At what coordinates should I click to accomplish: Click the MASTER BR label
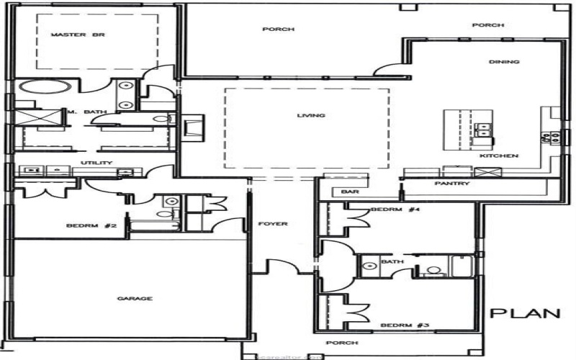(x=70, y=35)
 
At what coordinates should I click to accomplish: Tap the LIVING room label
(x=311, y=115)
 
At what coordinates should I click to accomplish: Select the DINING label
(x=504, y=62)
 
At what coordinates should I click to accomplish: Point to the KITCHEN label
(x=500, y=156)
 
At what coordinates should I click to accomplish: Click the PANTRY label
(x=453, y=184)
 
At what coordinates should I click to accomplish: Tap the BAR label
(x=350, y=192)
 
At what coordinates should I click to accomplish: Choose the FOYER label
(x=273, y=224)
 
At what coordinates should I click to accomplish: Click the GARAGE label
(x=136, y=298)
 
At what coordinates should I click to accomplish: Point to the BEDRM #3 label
(x=395, y=325)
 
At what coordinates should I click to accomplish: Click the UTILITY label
(x=96, y=163)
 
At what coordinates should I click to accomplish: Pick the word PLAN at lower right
(x=525, y=313)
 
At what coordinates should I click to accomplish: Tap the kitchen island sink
(x=483, y=130)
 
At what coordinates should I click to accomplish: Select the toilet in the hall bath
(x=433, y=271)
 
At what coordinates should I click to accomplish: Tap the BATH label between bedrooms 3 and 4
(x=387, y=261)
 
